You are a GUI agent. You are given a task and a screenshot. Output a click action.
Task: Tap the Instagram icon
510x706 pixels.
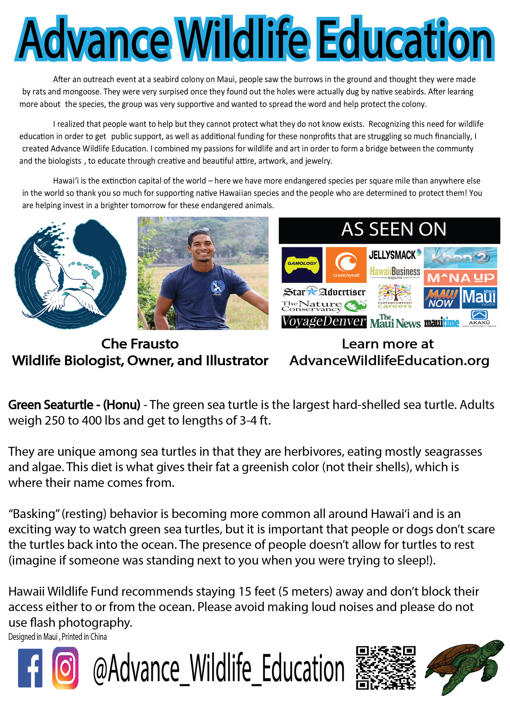click(65, 668)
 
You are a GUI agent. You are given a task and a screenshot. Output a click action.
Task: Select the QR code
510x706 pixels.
click(386, 668)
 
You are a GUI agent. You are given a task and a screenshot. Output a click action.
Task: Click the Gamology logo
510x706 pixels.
click(302, 265)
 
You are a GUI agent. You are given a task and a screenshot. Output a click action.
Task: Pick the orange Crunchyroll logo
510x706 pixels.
click(346, 265)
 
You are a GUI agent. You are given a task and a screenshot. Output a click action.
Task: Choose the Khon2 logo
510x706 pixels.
click(460, 258)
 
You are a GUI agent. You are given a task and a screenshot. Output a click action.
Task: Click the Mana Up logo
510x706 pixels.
click(460, 278)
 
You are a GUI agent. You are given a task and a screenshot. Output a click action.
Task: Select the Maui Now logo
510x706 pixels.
click(442, 298)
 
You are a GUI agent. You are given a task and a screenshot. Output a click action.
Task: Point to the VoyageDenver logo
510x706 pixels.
click(324, 322)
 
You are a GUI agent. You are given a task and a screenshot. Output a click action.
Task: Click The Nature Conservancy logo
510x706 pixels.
click(324, 306)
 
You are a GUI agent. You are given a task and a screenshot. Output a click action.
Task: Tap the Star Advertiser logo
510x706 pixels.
click(324, 292)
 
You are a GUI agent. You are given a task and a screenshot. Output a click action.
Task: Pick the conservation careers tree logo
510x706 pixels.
click(395, 296)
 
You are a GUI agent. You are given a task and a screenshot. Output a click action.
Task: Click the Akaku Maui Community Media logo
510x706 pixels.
click(479, 318)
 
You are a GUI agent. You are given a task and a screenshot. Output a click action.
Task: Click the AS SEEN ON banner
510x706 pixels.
click(389, 230)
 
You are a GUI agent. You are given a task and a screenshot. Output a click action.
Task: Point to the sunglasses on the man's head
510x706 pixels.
click(200, 231)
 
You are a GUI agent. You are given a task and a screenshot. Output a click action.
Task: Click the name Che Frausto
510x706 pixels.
click(140, 344)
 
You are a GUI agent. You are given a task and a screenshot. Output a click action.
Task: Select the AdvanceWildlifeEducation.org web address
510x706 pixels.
click(389, 361)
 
